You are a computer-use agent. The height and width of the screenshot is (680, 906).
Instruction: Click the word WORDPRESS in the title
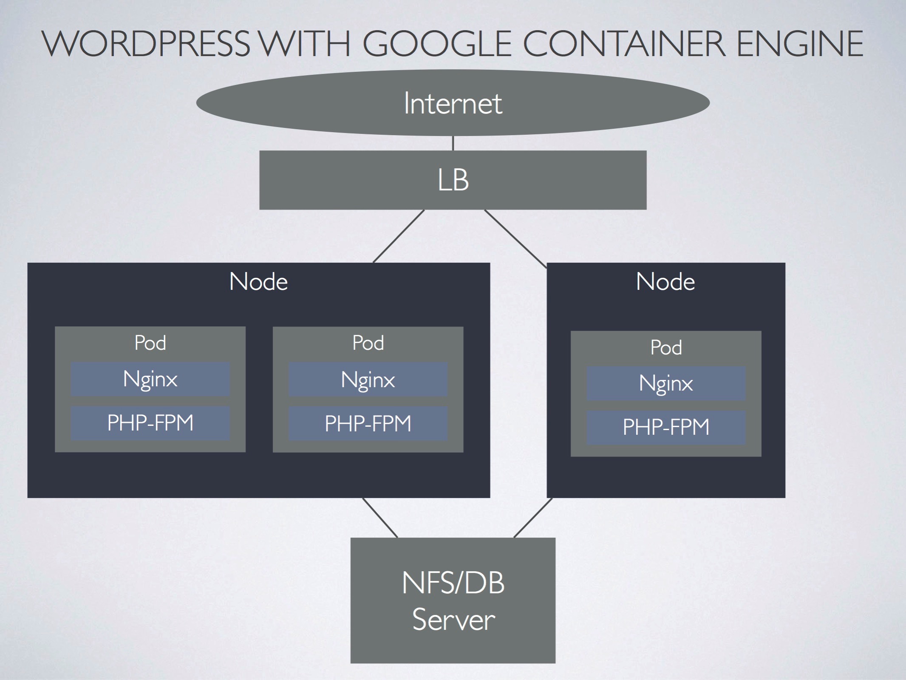click(146, 44)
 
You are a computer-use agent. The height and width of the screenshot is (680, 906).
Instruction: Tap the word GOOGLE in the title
click(436, 44)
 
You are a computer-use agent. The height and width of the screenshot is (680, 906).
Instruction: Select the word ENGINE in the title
click(800, 44)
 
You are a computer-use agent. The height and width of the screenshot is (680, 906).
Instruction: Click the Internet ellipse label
click(453, 103)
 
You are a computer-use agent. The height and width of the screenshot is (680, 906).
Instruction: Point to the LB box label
click(453, 180)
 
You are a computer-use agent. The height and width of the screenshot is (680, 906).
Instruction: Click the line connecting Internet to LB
click(453, 143)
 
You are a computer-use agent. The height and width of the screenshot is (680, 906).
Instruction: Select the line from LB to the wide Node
click(399, 236)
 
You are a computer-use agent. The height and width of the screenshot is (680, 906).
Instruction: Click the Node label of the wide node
click(258, 282)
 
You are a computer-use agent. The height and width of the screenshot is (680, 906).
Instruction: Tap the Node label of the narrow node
click(665, 282)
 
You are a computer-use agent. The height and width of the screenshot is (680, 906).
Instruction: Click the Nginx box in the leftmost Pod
click(150, 379)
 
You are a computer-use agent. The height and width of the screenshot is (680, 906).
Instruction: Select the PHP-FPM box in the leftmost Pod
click(150, 423)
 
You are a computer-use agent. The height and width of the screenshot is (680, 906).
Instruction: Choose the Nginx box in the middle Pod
click(368, 380)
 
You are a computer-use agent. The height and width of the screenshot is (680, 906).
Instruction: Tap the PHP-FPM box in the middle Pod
click(368, 423)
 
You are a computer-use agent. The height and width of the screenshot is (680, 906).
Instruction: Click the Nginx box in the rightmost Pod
click(666, 383)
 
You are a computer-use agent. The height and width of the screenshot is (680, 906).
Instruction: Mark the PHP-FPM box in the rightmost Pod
click(666, 427)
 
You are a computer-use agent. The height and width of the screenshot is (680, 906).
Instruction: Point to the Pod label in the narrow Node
click(666, 348)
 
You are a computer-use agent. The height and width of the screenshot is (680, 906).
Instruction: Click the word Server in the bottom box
click(453, 620)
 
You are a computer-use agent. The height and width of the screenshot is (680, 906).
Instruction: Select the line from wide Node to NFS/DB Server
click(380, 518)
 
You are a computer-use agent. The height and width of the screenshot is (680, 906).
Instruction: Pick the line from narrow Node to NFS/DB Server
click(533, 518)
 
